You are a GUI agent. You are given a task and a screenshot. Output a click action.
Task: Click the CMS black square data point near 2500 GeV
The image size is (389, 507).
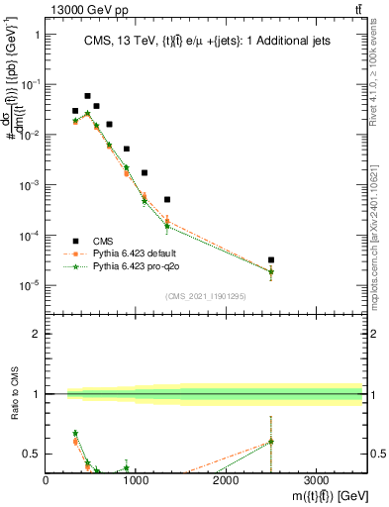pos(270,259)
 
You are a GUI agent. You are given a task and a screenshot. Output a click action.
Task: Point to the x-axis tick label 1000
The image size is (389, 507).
pos(136,479)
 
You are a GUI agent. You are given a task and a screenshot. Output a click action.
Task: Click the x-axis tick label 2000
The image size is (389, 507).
pos(226,479)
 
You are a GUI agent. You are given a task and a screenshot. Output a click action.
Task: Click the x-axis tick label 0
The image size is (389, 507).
pos(47,479)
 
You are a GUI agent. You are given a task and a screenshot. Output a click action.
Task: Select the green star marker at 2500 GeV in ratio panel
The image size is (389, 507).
pos(270,442)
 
